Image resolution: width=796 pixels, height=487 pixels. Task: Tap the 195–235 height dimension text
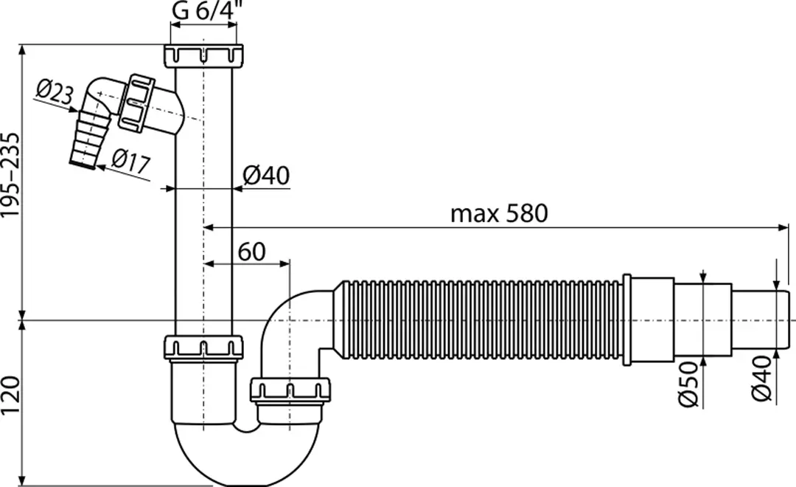click(10, 176)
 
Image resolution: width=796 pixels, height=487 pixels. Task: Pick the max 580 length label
click(499, 214)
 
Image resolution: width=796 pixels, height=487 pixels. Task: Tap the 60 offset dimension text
click(251, 252)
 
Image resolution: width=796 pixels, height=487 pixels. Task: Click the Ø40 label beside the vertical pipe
click(266, 176)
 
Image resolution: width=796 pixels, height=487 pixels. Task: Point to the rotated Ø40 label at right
click(762, 378)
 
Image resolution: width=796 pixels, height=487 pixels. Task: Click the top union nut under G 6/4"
click(204, 55)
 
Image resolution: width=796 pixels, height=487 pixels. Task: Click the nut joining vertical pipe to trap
click(203, 347)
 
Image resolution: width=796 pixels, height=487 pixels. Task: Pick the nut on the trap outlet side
click(290, 390)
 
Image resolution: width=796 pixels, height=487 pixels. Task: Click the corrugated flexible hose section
click(479, 320)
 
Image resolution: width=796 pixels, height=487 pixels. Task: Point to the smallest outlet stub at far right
click(763, 320)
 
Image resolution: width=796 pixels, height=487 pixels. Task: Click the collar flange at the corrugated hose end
click(626, 320)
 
